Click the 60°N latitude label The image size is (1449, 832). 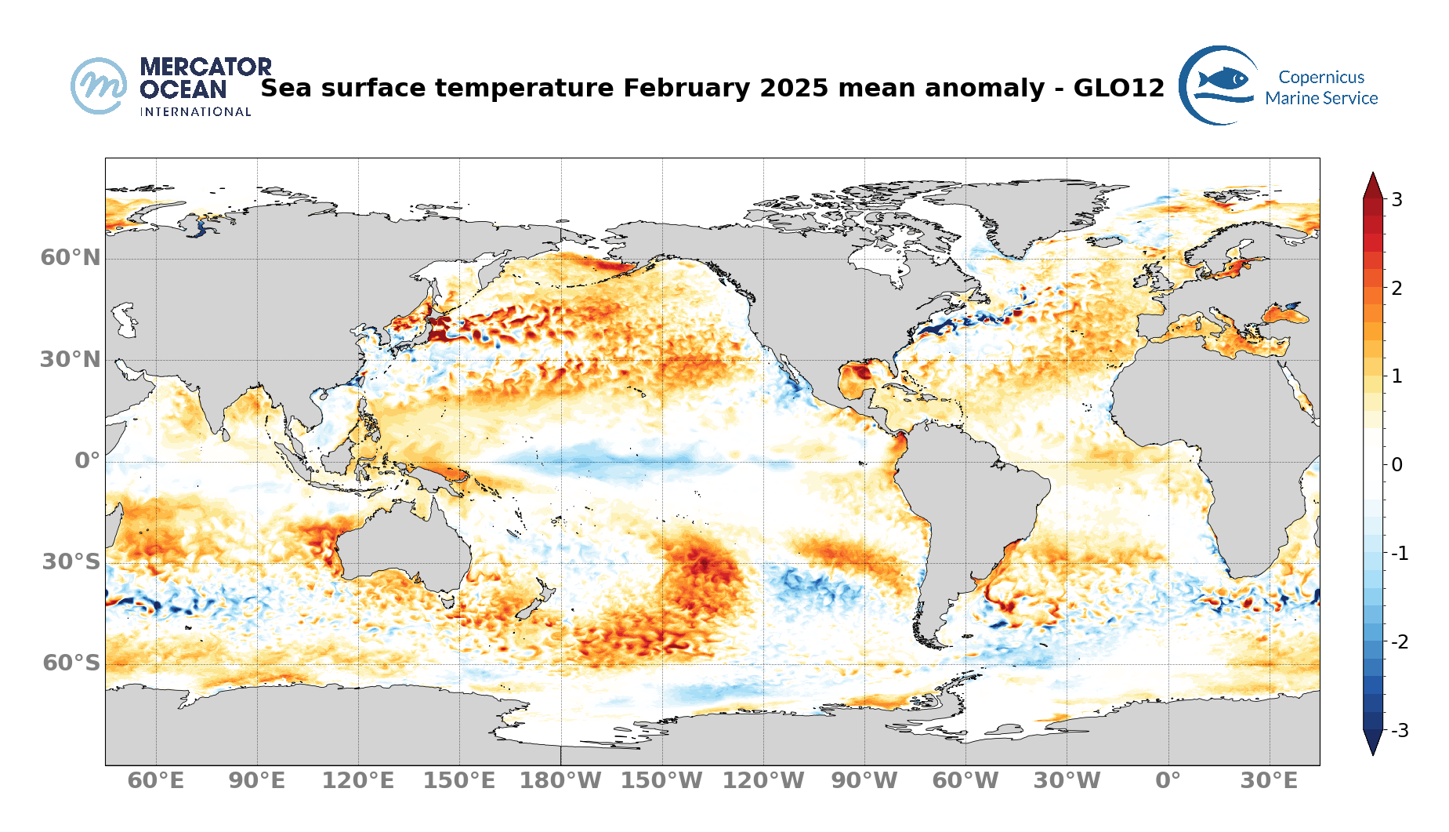(x=71, y=257)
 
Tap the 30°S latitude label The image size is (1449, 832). (x=71, y=561)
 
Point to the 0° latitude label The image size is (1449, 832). (x=87, y=460)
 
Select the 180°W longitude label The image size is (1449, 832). (x=560, y=781)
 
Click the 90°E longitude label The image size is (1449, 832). (x=257, y=781)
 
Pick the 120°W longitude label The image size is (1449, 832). (x=763, y=781)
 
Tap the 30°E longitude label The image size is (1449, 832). (x=1269, y=781)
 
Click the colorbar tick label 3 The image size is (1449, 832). (x=1396, y=199)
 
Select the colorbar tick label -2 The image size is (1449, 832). (x=1399, y=642)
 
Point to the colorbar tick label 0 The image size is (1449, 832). (x=1396, y=465)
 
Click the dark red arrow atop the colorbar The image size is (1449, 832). (x=1373, y=185)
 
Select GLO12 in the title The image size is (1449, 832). (x=1118, y=88)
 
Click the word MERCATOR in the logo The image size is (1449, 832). (x=205, y=67)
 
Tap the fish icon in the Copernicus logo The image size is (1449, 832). (x=1223, y=78)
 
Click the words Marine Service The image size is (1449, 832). (x=1321, y=98)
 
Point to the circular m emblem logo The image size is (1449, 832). (x=99, y=85)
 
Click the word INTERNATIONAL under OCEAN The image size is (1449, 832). (x=195, y=112)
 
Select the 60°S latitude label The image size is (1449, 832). (x=71, y=663)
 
